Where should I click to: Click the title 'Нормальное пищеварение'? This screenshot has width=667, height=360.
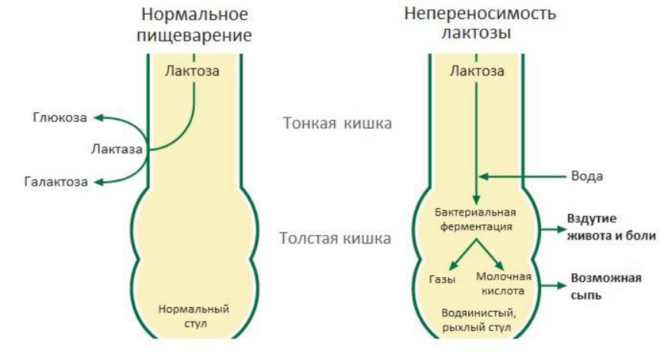coord(194,25)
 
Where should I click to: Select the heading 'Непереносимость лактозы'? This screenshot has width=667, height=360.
coord(480,23)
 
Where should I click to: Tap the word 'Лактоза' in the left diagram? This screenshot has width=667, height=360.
coord(193,71)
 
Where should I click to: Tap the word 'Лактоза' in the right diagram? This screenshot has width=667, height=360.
coord(477,71)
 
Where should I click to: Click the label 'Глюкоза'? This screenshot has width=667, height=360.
coord(60,117)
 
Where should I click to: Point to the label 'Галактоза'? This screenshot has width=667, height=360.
coord(56,182)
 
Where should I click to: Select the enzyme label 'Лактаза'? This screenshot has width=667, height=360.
coord(117,149)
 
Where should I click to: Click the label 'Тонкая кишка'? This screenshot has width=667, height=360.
coord(337,124)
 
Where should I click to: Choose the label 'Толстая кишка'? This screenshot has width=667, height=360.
coord(335,238)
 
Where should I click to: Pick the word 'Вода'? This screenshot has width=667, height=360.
coord(587,177)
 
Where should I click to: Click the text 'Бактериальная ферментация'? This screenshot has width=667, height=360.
coord(476,220)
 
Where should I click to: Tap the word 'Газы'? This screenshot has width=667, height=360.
coord(442,279)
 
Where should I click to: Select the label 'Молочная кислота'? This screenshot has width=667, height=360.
coord(504,284)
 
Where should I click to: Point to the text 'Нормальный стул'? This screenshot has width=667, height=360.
coord(194,315)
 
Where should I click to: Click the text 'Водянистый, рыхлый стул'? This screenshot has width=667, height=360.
coord(477,320)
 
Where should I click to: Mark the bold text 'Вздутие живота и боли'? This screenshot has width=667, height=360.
coord(611,226)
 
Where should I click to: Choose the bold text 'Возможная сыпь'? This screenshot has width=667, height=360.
coord(606,286)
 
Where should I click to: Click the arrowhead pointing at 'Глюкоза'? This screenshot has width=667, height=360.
coord(99,117)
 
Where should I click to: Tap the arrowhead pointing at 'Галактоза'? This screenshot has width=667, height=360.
coord(99,182)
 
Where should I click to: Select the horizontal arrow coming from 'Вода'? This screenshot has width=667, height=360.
coord(523,177)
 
